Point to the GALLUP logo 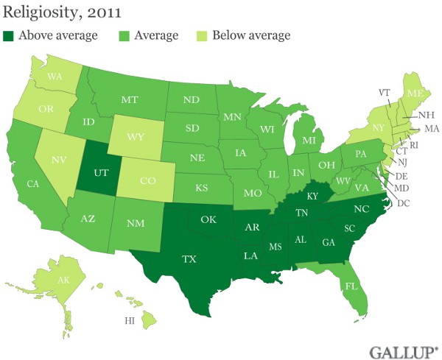401,347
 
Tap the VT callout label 384,93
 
